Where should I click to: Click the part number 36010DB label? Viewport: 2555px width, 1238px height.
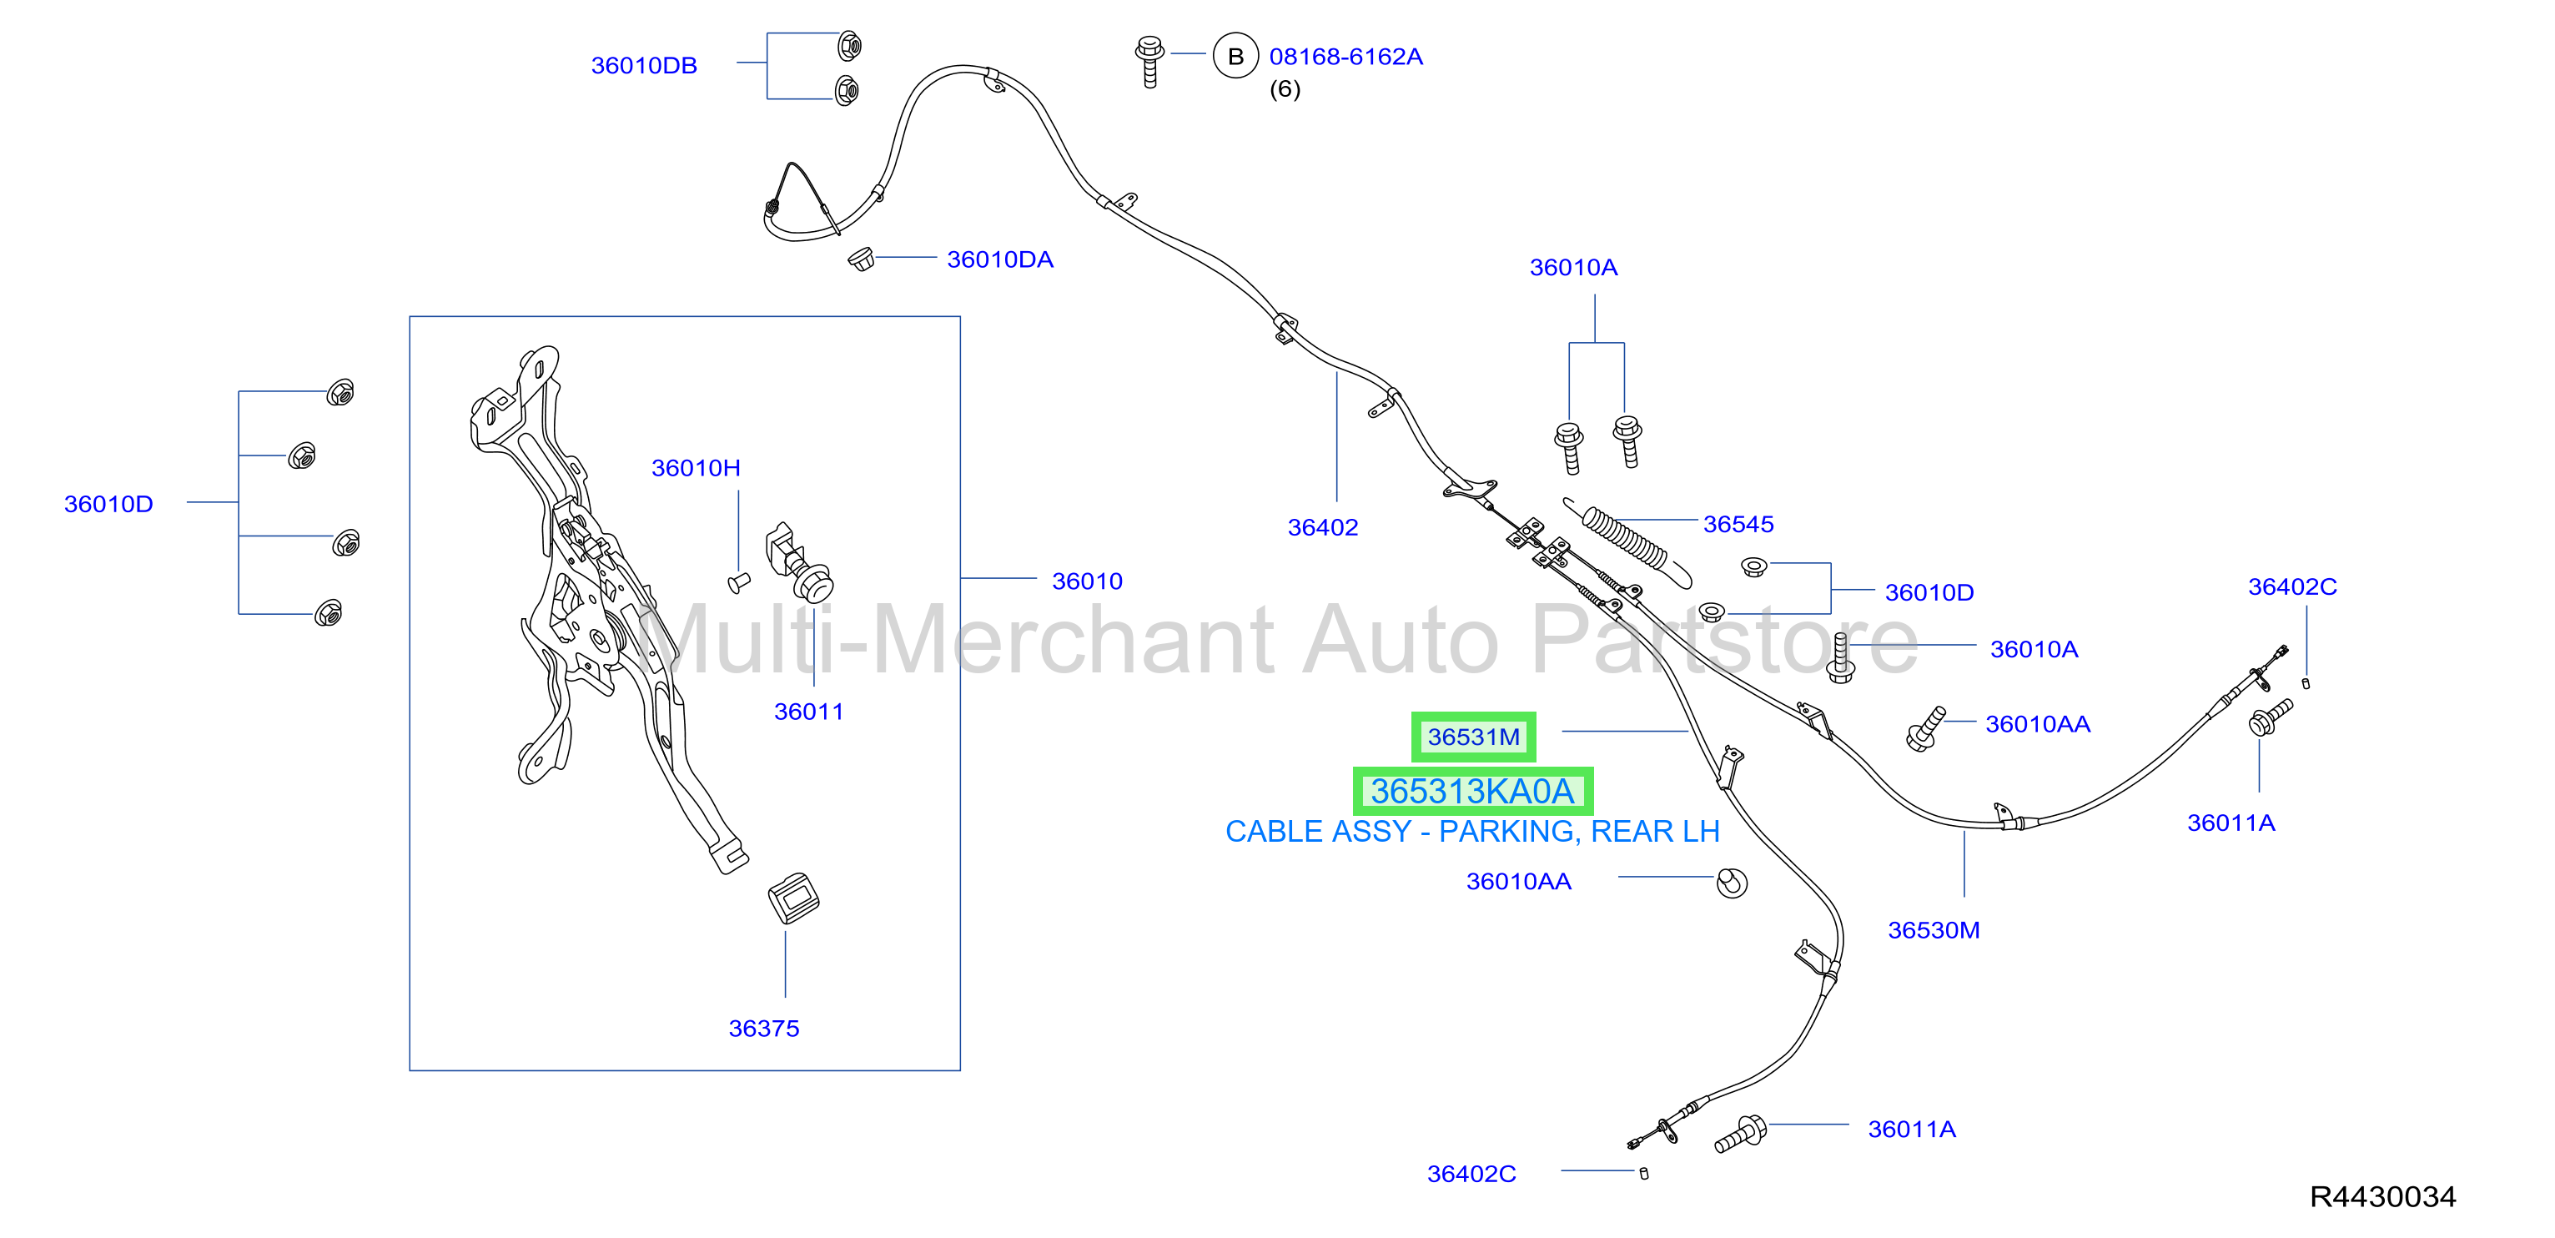pyautogui.click(x=644, y=65)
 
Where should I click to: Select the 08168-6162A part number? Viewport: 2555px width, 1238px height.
pyautogui.click(x=1346, y=57)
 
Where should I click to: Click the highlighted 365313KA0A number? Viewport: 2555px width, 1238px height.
pyautogui.click(x=1472, y=792)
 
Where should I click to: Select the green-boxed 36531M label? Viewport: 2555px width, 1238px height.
pyautogui.click(x=1473, y=737)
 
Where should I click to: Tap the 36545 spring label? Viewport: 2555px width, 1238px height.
pyautogui.click(x=1738, y=524)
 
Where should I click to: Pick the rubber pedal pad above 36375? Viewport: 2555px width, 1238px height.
pyautogui.click(x=793, y=898)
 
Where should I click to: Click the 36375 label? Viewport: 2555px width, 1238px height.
pyautogui.click(x=764, y=1028)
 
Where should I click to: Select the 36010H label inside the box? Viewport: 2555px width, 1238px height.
pyautogui.click(x=696, y=467)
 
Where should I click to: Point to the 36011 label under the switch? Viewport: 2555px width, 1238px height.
pyautogui.click(x=808, y=712)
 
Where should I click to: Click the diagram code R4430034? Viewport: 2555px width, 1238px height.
pyautogui.click(x=2382, y=1196)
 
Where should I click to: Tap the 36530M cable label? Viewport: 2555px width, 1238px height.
pyautogui.click(x=1933, y=929)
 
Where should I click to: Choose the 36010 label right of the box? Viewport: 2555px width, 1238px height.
pyautogui.click(x=1087, y=581)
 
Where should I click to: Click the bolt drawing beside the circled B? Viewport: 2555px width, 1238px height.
pyautogui.click(x=1149, y=62)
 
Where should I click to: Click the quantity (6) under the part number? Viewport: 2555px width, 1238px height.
pyautogui.click(x=1285, y=89)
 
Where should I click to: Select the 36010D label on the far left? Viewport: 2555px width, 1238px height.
pyautogui.click(x=108, y=504)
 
